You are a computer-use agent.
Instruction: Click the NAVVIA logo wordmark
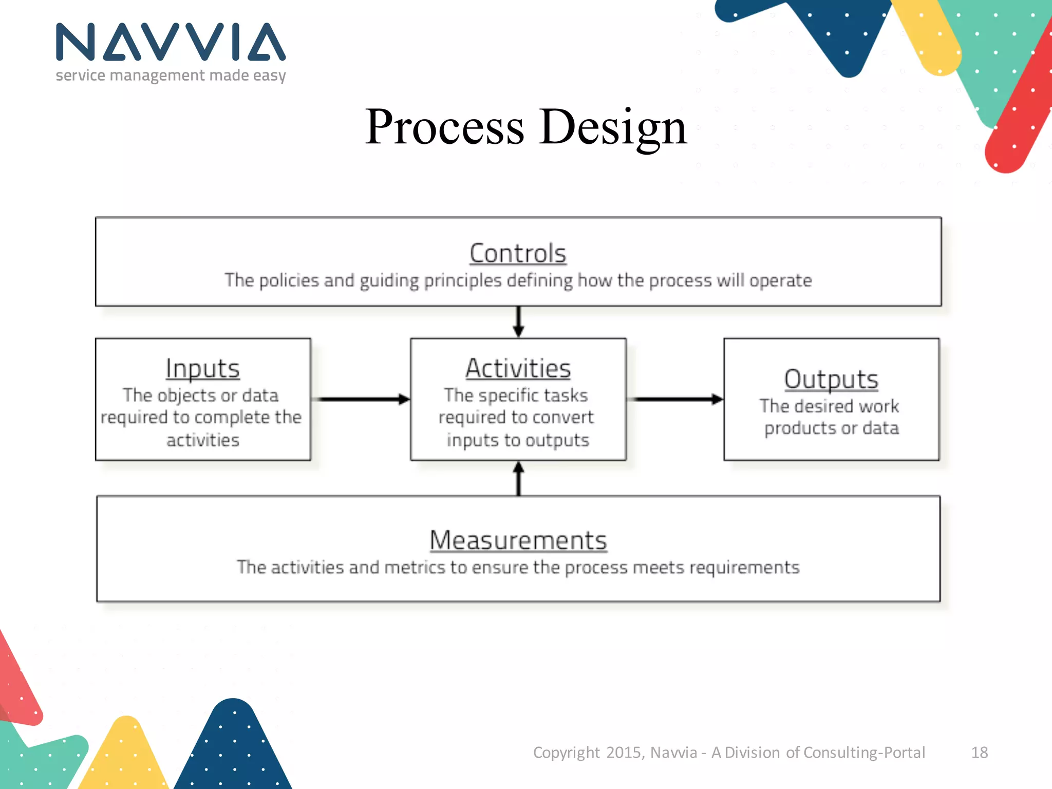tap(171, 42)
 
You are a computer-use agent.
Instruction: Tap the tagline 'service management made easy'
tap(171, 76)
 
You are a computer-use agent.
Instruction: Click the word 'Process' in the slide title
tap(444, 127)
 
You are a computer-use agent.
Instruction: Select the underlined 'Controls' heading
tap(518, 253)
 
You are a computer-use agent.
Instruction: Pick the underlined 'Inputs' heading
tap(202, 368)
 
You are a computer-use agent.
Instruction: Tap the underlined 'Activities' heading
tap(518, 368)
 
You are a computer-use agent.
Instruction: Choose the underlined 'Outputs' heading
tap(831, 379)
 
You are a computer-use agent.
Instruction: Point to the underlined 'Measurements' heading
tap(518, 540)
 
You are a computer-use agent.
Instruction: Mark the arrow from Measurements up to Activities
tap(518, 479)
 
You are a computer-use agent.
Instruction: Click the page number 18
tap(979, 753)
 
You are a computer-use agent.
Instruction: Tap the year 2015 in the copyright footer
tap(624, 753)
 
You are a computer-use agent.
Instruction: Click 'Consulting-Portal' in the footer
tap(864, 753)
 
